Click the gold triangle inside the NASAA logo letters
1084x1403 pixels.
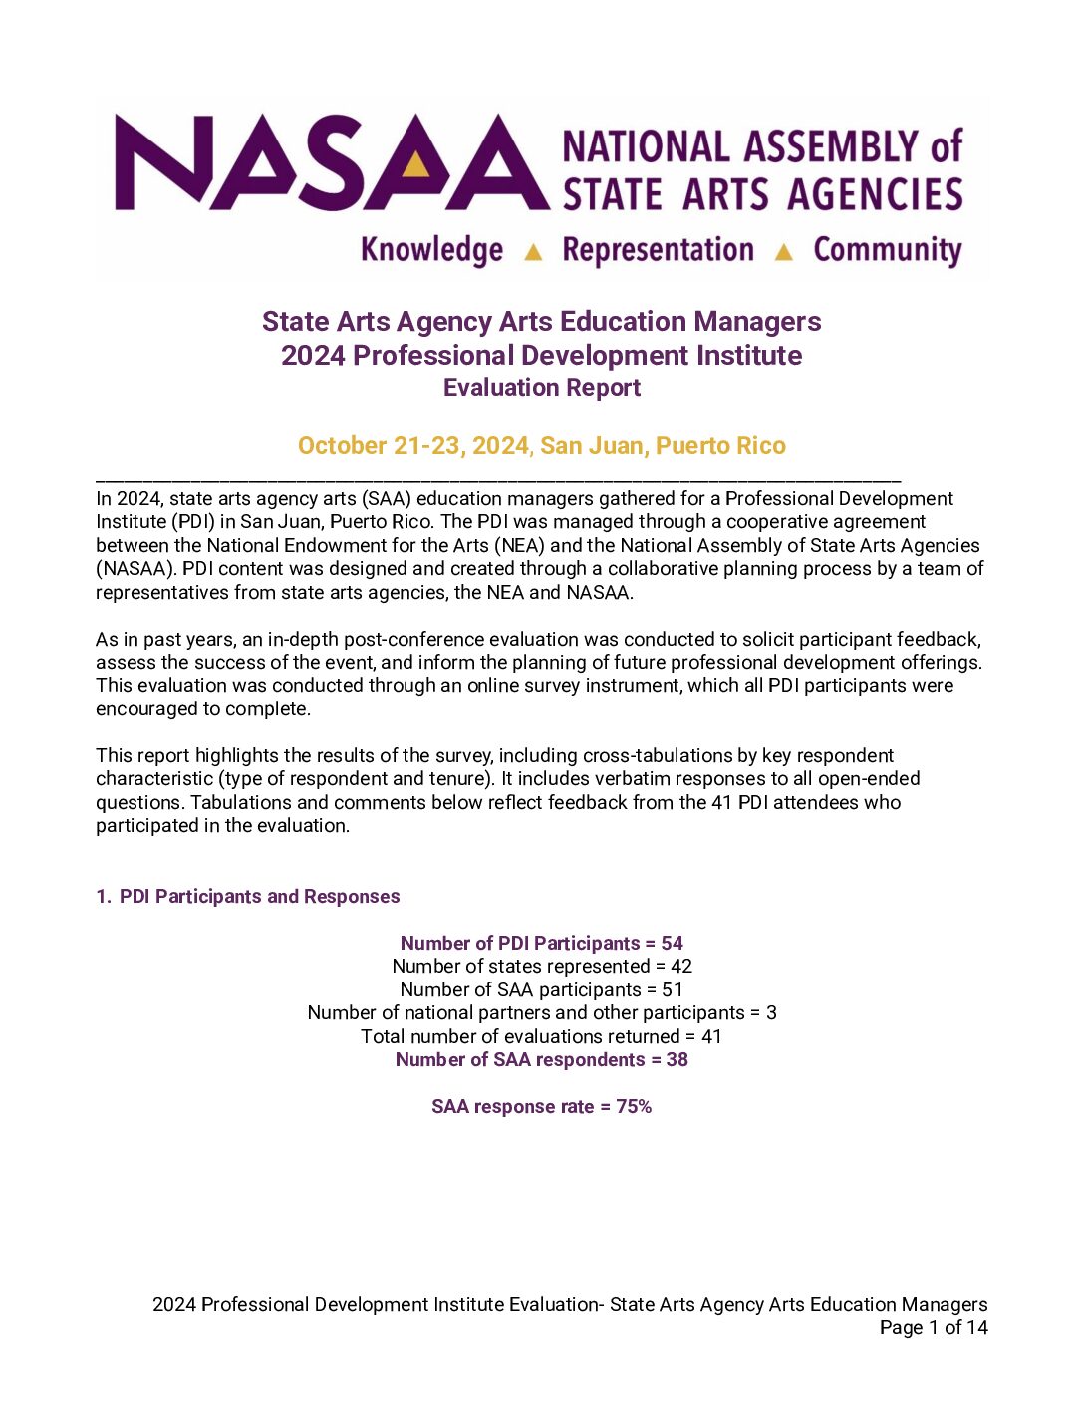click(x=416, y=163)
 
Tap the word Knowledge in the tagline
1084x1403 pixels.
click(x=431, y=249)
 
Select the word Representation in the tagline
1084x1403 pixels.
click(x=658, y=249)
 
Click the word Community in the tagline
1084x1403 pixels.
click(x=888, y=249)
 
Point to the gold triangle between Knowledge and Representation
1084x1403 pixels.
click(x=533, y=252)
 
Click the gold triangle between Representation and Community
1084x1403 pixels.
click(x=784, y=252)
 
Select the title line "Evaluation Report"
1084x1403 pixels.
click(x=542, y=388)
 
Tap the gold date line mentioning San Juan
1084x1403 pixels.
click(x=542, y=445)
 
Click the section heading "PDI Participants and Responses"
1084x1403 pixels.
click(x=259, y=896)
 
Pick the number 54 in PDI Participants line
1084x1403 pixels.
click(x=673, y=943)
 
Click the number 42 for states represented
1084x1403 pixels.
click(x=681, y=966)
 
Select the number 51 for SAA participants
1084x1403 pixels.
click(x=673, y=989)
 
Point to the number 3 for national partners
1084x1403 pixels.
click(x=771, y=1012)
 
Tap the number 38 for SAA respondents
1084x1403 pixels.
click(x=677, y=1059)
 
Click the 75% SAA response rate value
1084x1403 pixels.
click(x=634, y=1106)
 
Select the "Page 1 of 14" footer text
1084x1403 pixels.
click(x=934, y=1327)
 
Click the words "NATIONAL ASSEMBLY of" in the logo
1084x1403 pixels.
click(x=762, y=146)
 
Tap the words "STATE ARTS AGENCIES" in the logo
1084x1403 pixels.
click(x=762, y=194)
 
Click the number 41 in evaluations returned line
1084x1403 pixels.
click(x=711, y=1036)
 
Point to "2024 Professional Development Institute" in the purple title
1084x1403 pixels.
click(x=542, y=355)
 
